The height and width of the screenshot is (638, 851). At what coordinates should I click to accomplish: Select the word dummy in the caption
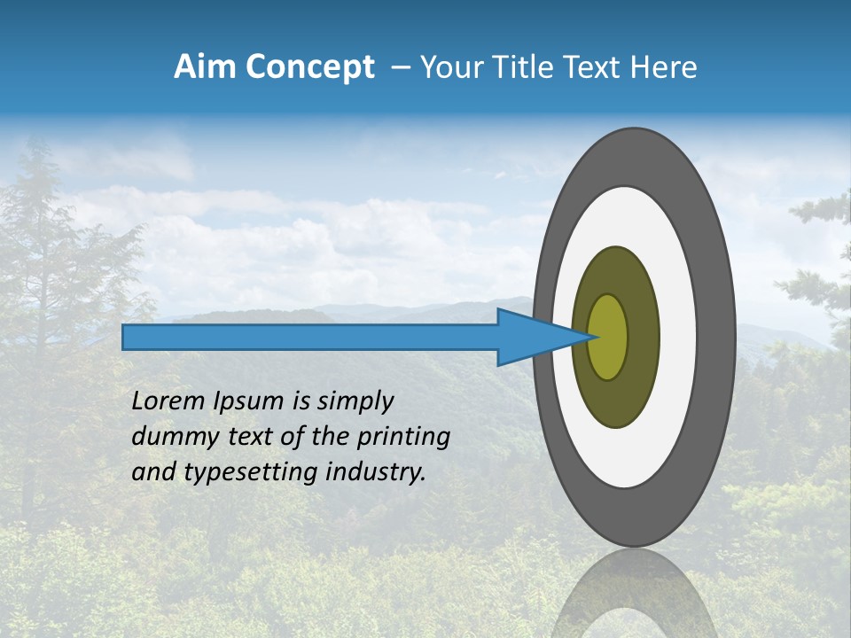point(172,437)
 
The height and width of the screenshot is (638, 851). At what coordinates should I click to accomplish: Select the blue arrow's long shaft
point(310,338)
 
